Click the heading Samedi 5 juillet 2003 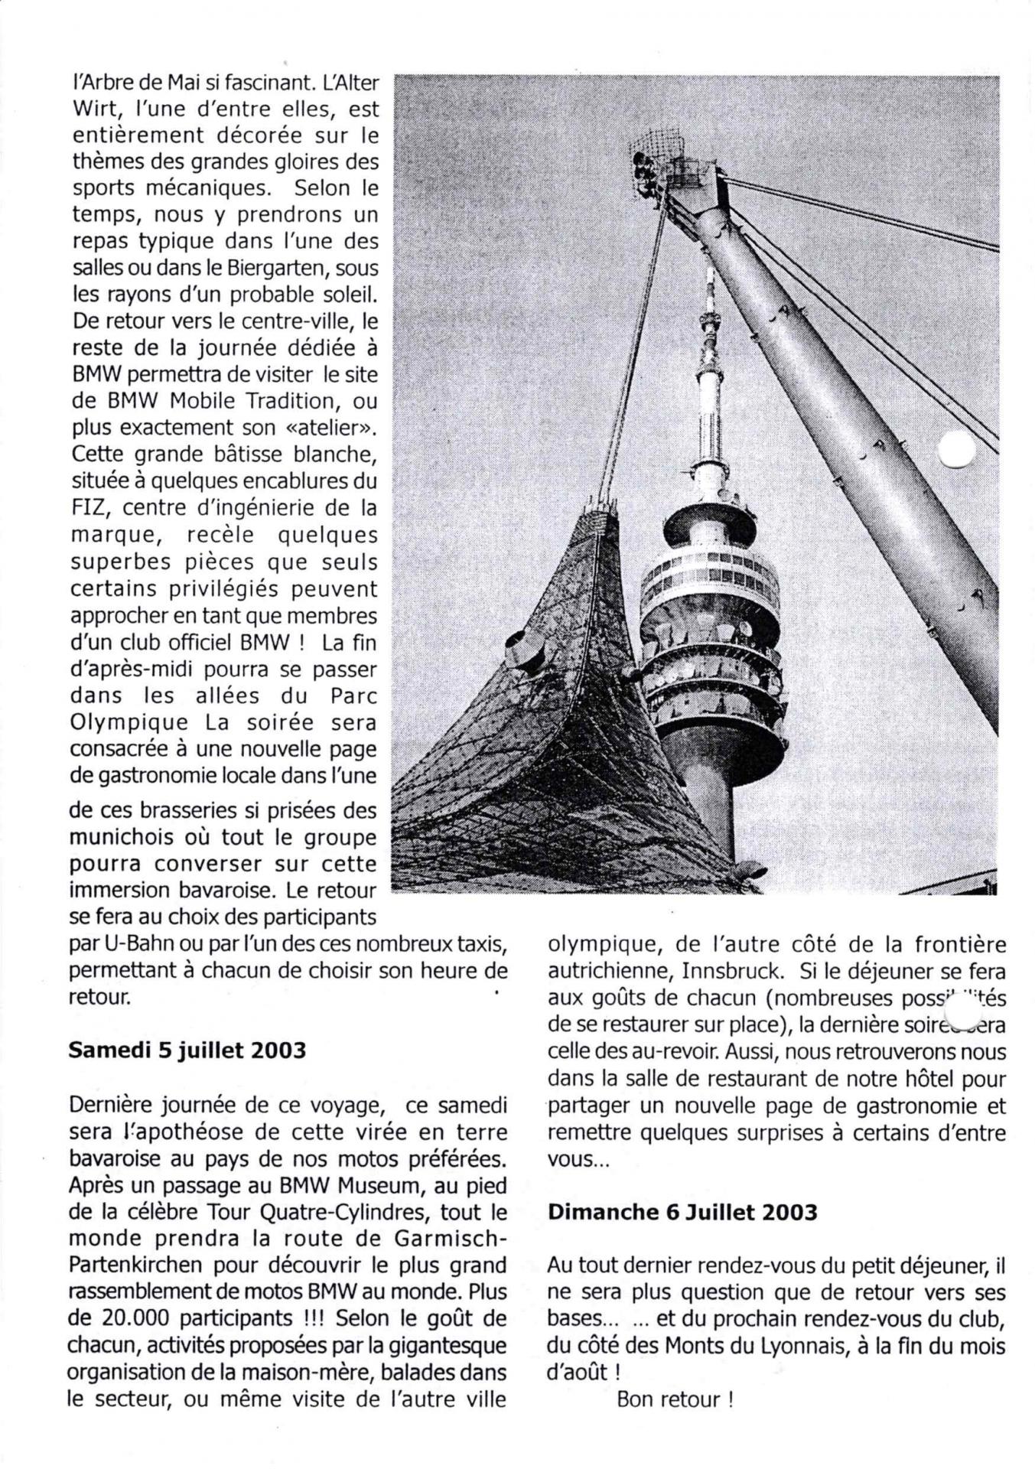(x=187, y=1050)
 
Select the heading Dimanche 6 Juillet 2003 (x=682, y=1212)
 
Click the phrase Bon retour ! (x=675, y=1400)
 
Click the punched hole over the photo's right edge (x=957, y=448)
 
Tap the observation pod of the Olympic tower (x=710, y=635)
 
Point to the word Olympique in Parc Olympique (x=129, y=722)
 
